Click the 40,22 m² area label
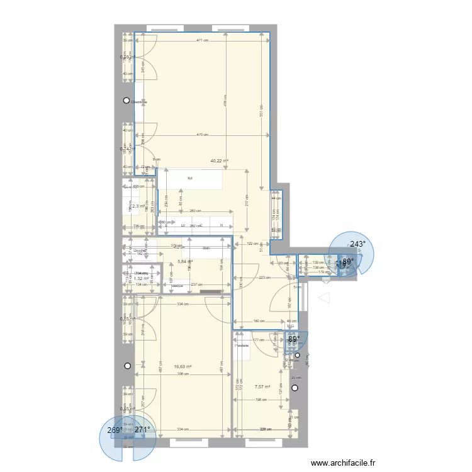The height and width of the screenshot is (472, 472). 219,161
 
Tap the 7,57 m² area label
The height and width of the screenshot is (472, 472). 262,387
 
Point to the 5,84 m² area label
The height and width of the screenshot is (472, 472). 185,262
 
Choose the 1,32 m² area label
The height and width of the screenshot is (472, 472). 142,278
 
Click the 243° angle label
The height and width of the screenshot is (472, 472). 358,244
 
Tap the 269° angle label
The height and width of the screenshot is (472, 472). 115,431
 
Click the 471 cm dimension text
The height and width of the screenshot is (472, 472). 201,40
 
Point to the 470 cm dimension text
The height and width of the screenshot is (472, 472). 201,135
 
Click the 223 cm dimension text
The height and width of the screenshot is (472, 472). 264,278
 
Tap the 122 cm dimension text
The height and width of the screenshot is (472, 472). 252,244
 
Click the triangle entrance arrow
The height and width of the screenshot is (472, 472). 325,297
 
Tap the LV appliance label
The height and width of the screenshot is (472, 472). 183,225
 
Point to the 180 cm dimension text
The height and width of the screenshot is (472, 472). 258,322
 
